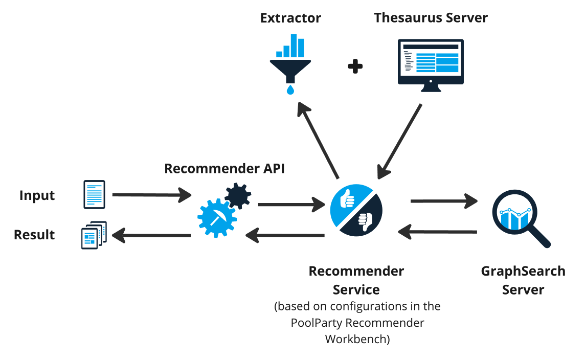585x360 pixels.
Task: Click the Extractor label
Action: (x=290, y=18)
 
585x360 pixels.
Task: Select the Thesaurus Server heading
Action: (x=431, y=18)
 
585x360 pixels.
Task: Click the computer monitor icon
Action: (x=431, y=63)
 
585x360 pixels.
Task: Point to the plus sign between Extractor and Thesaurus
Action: (x=355, y=66)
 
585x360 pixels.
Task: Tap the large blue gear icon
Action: (x=217, y=219)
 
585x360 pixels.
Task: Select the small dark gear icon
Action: (x=238, y=195)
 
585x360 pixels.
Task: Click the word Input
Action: (x=37, y=195)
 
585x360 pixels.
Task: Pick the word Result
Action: (x=34, y=235)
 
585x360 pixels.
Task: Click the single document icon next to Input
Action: (x=94, y=194)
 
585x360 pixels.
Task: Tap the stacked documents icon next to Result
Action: (x=94, y=235)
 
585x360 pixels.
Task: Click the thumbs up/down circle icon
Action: (x=356, y=210)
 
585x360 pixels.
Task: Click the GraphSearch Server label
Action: (x=523, y=280)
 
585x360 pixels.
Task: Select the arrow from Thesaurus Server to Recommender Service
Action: (x=400, y=141)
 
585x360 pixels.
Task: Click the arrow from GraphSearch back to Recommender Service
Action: (x=438, y=232)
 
